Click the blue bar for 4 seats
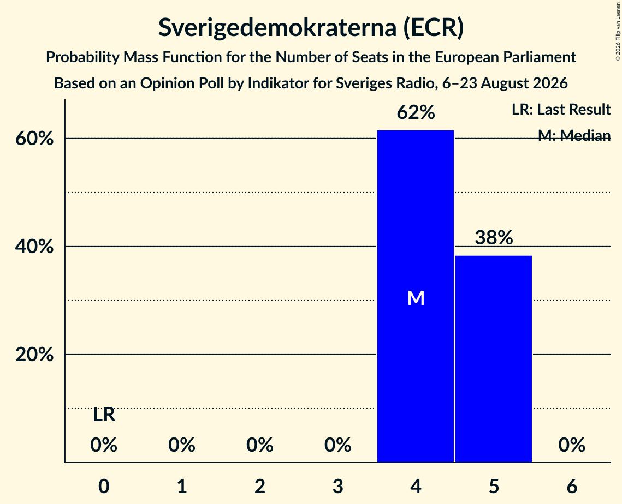pyautogui.click(x=416, y=296)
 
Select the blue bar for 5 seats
pyautogui.click(x=494, y=359)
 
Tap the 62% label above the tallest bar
pyautogui.click(x=416, y=112)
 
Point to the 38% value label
pyautogui.click(x=494, y=237)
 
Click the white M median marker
pyautogui.click(x=416, y=298)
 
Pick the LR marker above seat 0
pyautogui.click(x=104, y=415)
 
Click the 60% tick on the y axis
pyautogui.click(x=34, y=139)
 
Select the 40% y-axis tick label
pyautogui.click(x=34, y=247)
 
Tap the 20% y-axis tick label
pyautogui.click(x=34, y=354)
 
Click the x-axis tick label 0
pyautogui.click(x=104, y=486)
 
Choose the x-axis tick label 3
pyautogui.click(x=337, y=486)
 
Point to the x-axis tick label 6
pyautogui.click(x=572, y=486)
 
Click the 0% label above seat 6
pyautogui.click(x=572, y=445)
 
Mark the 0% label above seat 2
pyautogui.click(x=260, y=445)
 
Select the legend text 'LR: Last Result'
pyautogui.click(x=561, y=109)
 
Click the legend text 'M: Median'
pyautogui.click(x=574, y=135)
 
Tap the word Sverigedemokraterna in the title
pyautogui.click(x=277, y=27)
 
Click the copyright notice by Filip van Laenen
pyautogui.click(x=618, y=32)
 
